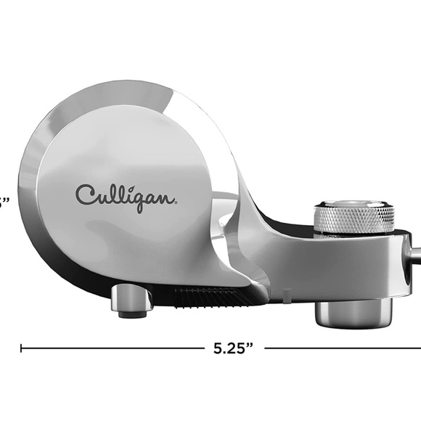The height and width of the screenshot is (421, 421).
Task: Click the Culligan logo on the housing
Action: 126,195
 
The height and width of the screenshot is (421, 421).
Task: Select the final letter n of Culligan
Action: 165,197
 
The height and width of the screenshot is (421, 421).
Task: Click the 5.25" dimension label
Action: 233,348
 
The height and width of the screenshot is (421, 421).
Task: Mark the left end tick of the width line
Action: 21,348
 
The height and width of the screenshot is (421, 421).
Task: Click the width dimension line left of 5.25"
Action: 109,348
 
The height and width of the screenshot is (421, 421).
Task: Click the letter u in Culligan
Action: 100,197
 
